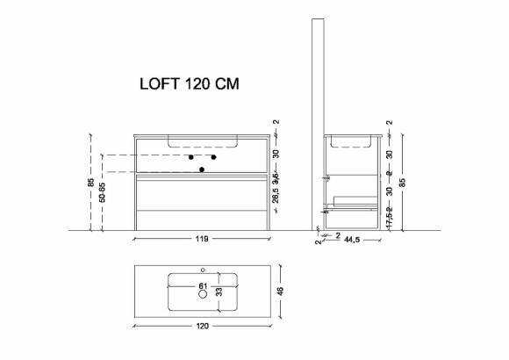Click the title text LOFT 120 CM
[x=190, y=85]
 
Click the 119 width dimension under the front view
[x=201, y=238]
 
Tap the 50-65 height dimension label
[x=102, y=192]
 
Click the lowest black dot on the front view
[x=202, y=168]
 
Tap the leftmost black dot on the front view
[x=190, y=156]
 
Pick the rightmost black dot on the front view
[x=213, y=156]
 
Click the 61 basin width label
[x=201, y=286]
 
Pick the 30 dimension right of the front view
[x=276, y=153]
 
